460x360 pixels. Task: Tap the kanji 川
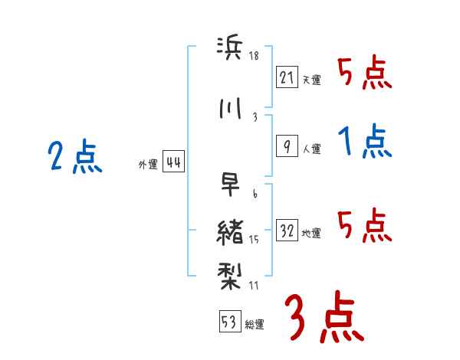(x=229, y=109)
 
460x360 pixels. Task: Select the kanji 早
(x=230, y=185)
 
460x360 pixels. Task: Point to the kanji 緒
(x=230, y=231)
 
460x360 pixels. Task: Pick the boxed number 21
(x=287, y=77)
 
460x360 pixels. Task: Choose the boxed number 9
(x=287, y=146)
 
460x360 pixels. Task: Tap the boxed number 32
(x=287, y=231)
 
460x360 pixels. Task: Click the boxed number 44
(x=172, y=162)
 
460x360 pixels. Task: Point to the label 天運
(x=311, y=80)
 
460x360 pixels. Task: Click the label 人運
(x=311, y=149)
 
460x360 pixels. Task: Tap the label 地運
(x=311, y=234)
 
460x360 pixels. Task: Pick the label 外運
(x=148, y=165)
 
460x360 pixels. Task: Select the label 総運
(x=254, y=324)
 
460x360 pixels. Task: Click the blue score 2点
(x=74, y=159)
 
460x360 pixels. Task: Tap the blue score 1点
(x=366, y=142)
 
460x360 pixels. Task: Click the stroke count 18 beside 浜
(x=255, y=56)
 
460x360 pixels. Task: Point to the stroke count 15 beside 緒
(x=255, y=241)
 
